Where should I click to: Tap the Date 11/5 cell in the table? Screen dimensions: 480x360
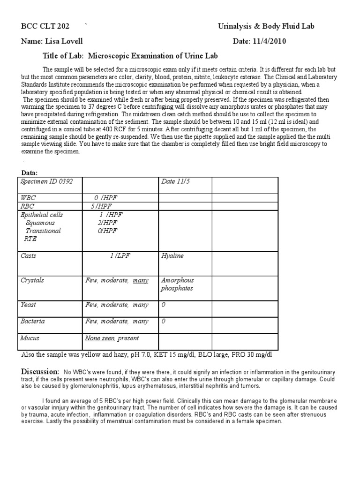tap(175, 182)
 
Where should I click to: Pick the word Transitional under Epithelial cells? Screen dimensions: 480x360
tap(43, 231)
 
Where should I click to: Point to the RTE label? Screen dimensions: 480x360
tap(30, 239)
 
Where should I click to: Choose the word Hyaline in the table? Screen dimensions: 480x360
tap(172, 256)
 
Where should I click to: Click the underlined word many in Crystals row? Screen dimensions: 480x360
tap(141, 280)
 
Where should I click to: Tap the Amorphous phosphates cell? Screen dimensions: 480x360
tap(177, 284)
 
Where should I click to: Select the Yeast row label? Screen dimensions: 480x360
tap(28, 305)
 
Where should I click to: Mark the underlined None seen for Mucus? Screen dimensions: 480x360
tap(100, 338)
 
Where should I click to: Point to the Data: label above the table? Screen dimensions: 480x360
tap(30, 173)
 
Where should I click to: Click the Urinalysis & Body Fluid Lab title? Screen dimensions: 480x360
tap(266, 26)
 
